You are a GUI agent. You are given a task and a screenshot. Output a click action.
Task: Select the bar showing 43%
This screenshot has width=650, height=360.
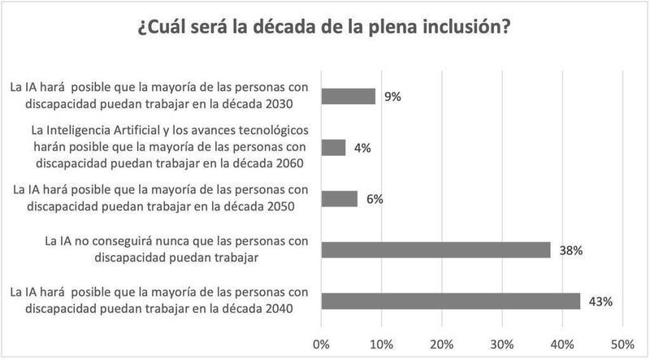point(451,301)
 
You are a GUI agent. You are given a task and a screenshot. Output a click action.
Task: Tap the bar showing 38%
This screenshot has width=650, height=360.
point(436,249)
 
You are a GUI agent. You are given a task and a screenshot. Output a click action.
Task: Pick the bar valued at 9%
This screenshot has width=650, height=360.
point(349,97)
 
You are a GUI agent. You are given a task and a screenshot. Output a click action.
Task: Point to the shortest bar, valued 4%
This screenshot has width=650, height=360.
point(334,148)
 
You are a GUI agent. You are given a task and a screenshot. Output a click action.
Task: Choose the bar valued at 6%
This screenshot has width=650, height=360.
point(340,198)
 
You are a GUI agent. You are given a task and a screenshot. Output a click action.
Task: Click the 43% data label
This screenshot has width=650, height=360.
point(601,301)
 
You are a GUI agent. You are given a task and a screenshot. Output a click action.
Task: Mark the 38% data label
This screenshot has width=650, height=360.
point(571,250)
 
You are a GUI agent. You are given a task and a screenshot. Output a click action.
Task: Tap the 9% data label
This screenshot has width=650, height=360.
point(393,98)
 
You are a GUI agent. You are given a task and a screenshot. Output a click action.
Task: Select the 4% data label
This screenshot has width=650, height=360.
point(363,149)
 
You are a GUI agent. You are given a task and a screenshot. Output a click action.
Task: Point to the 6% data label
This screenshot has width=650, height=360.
point(375,199)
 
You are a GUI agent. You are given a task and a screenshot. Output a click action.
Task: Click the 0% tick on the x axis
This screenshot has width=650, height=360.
point(322,343)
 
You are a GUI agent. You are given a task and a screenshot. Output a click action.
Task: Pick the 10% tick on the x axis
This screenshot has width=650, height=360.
point(382,343)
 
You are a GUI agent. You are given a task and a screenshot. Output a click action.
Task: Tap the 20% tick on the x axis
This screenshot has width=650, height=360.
point(442,343)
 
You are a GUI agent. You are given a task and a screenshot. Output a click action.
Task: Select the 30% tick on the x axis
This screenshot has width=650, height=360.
point(502,343)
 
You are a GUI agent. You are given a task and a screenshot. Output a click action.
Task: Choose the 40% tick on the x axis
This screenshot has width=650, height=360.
point(562,343)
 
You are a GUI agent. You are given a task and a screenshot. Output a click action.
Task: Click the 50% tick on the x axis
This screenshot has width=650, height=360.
point(622,343)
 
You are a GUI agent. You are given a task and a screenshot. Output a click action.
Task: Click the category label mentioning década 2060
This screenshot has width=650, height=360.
point(164,147)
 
